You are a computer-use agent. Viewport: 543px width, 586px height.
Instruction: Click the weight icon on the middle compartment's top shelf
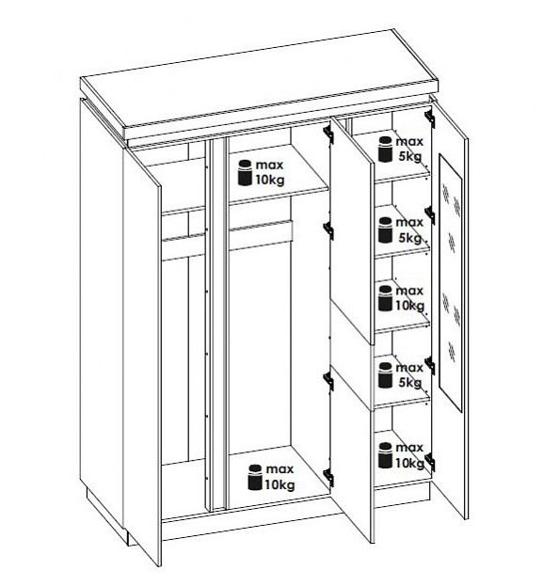click(x=245, y=173)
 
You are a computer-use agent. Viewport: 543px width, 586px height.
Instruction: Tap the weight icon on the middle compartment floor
click(x=255, y=477)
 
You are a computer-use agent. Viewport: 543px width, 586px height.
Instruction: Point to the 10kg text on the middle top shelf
click(x=270, y=181)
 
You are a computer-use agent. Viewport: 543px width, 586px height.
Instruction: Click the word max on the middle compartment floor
click(x=279, y=468)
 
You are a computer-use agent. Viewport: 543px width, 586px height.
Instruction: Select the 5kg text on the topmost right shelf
click(x=410, y=157)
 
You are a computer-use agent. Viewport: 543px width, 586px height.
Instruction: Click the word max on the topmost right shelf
click(x=409, y=142)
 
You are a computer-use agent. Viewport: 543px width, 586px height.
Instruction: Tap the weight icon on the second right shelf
click(x=385, y=230)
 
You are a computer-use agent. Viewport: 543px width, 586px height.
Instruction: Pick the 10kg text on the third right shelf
click(x=410, y=306)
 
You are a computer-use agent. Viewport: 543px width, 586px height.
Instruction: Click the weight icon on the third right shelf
click(x=385, y=298)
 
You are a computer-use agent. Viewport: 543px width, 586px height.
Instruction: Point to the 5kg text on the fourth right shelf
click(x=410, y=383)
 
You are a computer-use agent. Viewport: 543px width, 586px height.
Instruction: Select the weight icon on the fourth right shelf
click(x=385, y=375)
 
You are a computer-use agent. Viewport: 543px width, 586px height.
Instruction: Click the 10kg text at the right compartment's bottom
click(x=410, y=464)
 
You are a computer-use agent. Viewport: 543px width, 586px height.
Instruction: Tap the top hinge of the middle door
click(x=328, y=133)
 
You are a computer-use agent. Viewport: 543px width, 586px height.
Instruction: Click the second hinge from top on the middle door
click(x=328, y=230)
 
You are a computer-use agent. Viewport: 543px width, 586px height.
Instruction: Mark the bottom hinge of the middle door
click(x=328, y=477)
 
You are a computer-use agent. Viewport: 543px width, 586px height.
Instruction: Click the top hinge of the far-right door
click(x=430, y=116)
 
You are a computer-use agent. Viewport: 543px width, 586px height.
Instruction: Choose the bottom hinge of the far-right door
click(x=430, y=462)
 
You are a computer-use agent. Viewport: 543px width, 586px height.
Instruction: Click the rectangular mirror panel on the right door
click(x=450, y=283)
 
